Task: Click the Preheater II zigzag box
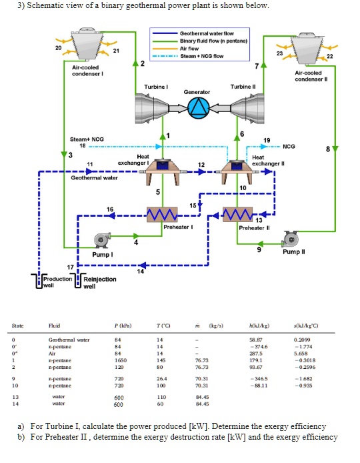[237, 215]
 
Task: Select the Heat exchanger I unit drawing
[162, 170]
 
